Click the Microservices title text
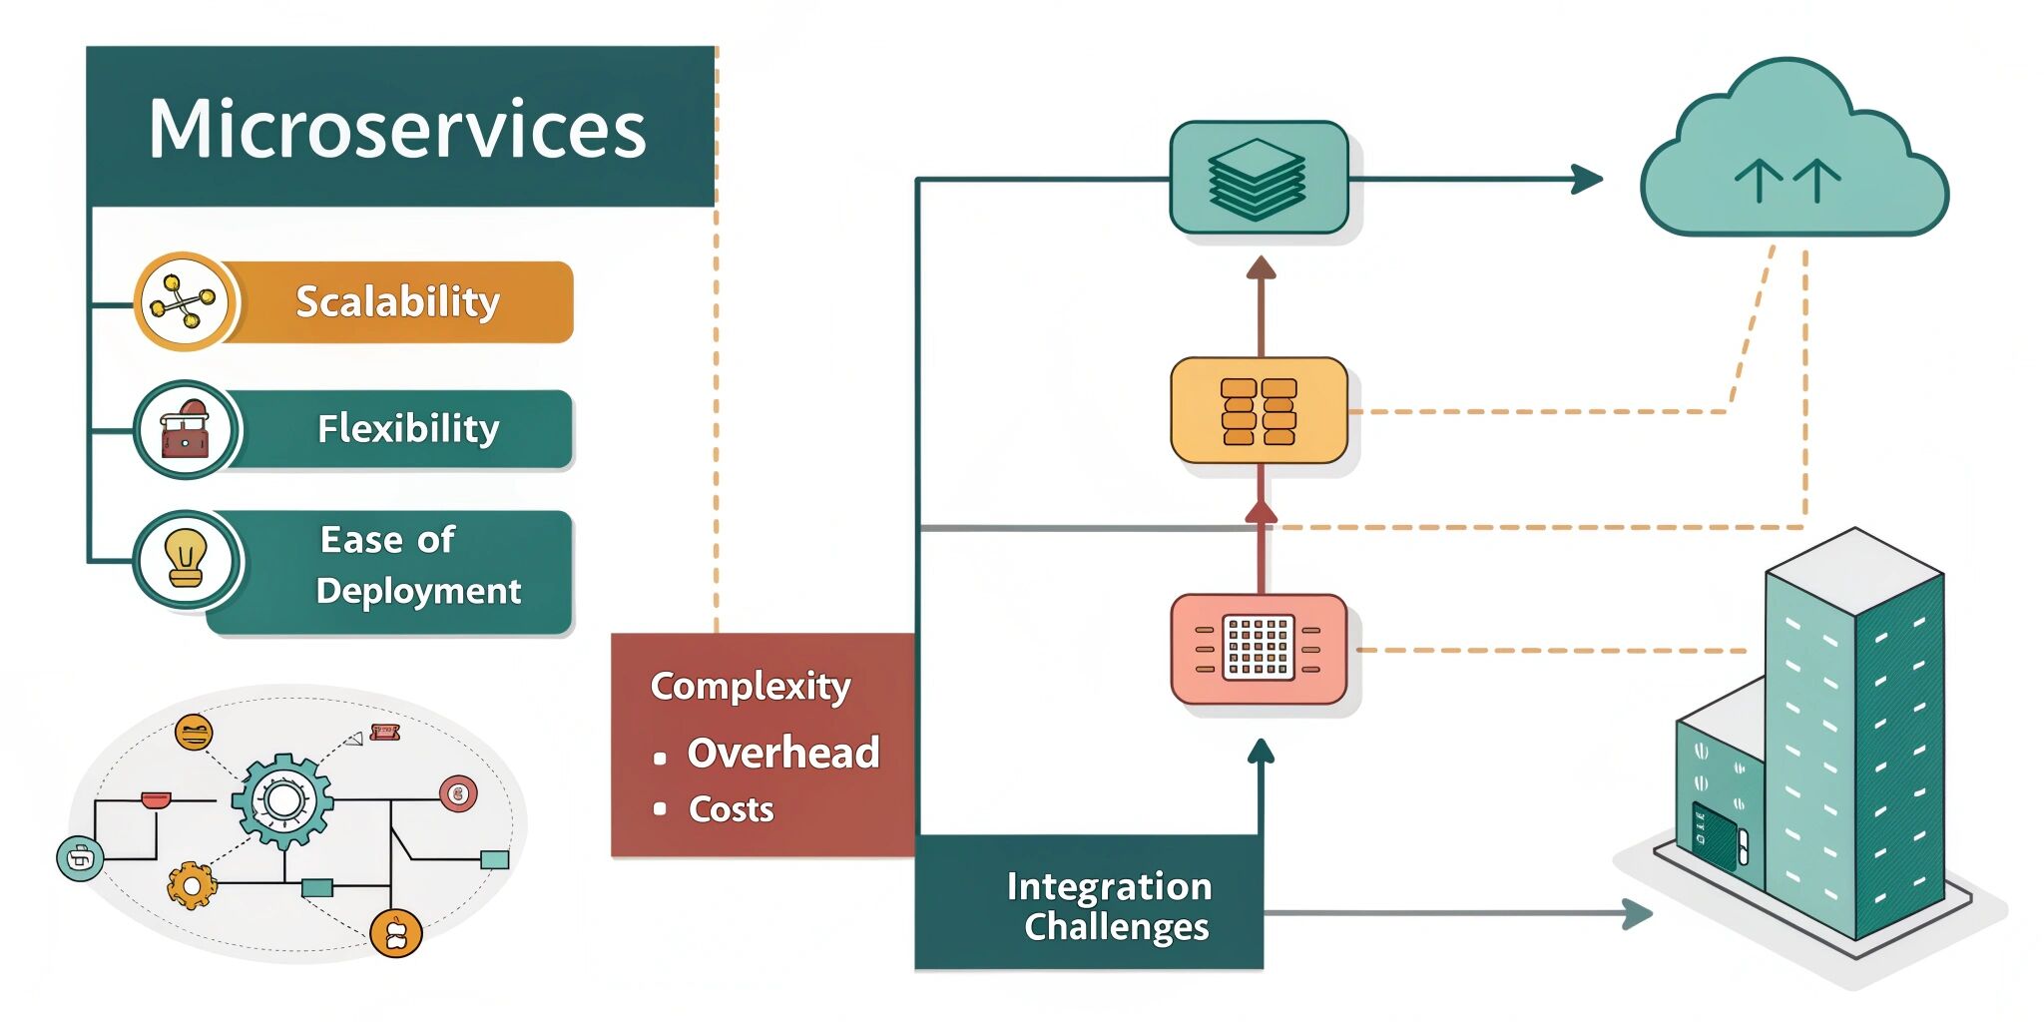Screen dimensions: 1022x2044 [x=397, y=129]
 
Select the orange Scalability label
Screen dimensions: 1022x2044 [x=397, y=301]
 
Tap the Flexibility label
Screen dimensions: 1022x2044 [x=407, y=428]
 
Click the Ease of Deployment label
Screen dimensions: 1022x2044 [x=417, y=566]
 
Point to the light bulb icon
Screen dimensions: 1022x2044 [x=186, y=558]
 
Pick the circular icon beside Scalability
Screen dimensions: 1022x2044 [x=185, y=300]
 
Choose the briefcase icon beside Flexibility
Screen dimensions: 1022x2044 [x=186, y=430]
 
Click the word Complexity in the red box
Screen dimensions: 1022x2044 [x=751, y=686]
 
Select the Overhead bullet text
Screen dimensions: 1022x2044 [x=783, y=753]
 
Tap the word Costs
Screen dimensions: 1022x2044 [x=732, y=809]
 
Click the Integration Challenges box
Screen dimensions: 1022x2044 [x=1090, y=903]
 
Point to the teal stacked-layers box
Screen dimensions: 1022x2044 [x=1259, y=178]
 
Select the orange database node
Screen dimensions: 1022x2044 [x=1259, y=410]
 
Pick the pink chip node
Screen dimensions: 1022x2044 [x=1259, y=649]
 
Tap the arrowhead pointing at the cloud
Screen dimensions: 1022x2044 [x=1587, y=180]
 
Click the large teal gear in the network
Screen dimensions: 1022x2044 [x=283, y=800]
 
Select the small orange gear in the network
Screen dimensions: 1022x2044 [x=191, y=884]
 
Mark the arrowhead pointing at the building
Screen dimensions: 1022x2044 [x=1637, y=912]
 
